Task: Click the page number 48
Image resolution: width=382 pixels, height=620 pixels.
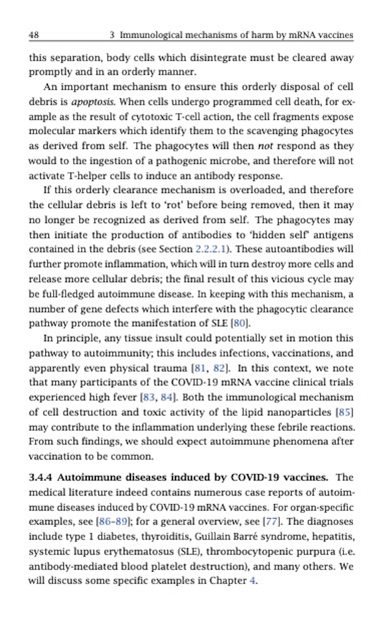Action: click(x=34, y=35)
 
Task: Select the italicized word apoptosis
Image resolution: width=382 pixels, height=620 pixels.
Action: click(x=92, y=102)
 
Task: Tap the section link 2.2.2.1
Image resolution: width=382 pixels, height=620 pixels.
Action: click(x=210, y=249)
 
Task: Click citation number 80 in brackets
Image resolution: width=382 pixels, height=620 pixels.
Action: click(x=240, y=323)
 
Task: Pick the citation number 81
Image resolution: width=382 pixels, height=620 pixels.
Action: click(x=200, y=368)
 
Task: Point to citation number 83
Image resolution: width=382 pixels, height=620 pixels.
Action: click(x=148, y=397)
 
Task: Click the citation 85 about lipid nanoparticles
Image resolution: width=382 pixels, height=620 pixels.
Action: click(x=344, y=412)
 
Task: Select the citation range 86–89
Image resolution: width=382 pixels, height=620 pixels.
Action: click(x=113, y=522)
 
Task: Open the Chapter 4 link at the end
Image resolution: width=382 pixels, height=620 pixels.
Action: click(x=253, y=581)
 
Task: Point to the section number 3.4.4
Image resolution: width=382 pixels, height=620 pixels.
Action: click(x=40, y=478)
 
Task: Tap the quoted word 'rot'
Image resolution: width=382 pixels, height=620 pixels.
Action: click(x=173, y=205)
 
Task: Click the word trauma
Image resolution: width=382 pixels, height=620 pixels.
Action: click(x=169, y=368)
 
